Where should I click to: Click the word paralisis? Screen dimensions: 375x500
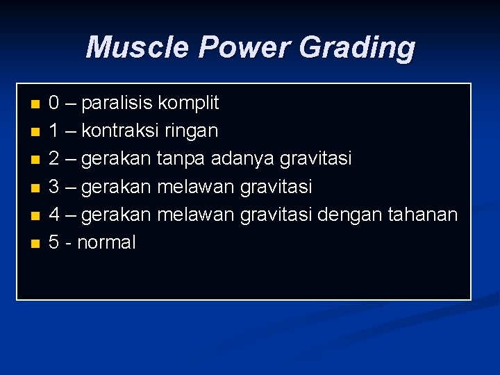click(x=117, y=103)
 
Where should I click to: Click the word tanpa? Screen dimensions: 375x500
click(x=181, y=159)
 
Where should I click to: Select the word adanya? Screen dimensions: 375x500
click(x=242, y=159)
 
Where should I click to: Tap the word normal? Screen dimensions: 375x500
click(x=106, y=242)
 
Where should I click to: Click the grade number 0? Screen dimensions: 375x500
click(x=53, y=103)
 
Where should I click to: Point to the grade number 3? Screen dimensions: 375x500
click(x=53, y=187)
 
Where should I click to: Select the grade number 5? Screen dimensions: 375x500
click(x=53, y=242)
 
